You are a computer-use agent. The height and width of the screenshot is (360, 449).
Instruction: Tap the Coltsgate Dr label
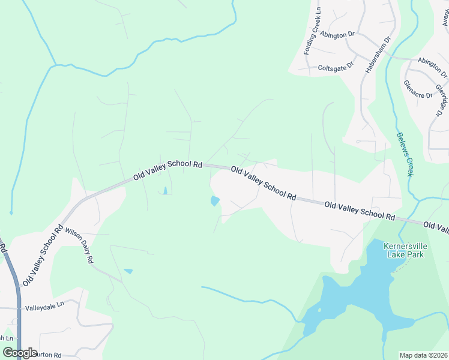[x=336, y=68]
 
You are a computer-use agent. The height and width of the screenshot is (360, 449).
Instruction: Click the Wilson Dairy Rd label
[x=79, y=246]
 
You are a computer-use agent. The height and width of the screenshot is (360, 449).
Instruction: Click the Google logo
[x=20, y=353]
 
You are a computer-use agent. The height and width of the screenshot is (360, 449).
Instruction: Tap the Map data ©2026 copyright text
[x=423, y=355]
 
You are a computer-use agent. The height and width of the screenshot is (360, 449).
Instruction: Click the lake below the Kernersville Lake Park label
[x=360, y=300]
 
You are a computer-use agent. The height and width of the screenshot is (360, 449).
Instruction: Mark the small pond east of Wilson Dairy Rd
[x=128, y=272]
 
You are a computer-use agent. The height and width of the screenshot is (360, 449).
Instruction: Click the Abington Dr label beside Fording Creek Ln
[x=342, y=35]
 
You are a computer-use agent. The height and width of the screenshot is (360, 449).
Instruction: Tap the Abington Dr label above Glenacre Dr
[x=432, y=67]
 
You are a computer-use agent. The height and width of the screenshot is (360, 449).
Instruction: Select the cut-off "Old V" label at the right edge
[x=436, y=226]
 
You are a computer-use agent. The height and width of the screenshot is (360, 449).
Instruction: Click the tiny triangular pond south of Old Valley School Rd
[x=164, y=191]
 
